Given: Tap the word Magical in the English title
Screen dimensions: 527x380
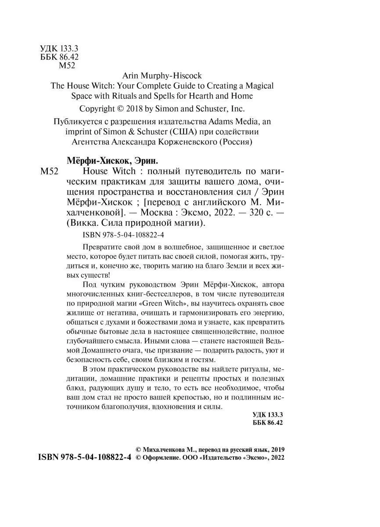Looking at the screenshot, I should pyautogui.click(x=258, y=86).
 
